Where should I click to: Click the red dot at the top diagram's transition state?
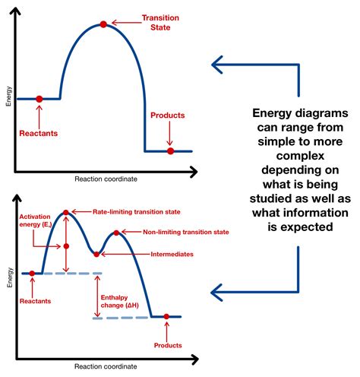[104, 25]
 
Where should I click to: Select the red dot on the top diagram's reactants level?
[39, 99]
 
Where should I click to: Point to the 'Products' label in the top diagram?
[167, 116]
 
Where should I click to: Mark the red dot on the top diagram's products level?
[170, 151]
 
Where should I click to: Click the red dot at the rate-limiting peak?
[66, 212]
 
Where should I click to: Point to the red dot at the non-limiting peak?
[116, 233]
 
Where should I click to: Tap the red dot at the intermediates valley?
[96, 254]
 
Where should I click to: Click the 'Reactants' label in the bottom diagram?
[32, 302]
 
